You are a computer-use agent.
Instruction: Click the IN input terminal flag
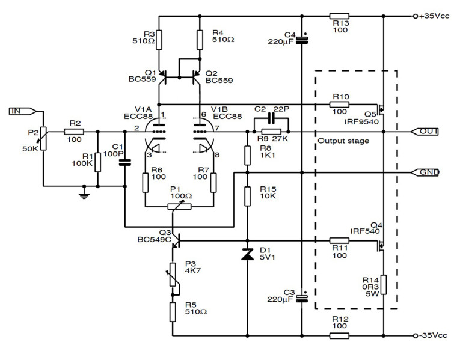tap(23, 111)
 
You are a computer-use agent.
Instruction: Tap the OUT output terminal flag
tap(425, 132)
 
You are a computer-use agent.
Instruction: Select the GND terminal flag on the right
tap(425, 172)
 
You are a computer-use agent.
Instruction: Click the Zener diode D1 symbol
tap(247, 254)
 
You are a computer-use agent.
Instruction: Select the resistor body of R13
tap(339, 16)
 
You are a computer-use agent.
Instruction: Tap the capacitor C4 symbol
tap(302, 40)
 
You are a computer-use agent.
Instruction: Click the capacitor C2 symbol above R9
tap(271, 118)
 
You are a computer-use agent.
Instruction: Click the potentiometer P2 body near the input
tap(43, 138)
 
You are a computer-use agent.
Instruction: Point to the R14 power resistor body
tap(384, 285)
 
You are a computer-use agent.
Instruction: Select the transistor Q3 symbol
tap(176, 240)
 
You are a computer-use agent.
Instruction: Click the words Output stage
tap(343, 141)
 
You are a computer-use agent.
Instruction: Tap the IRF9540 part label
tap(361, 121)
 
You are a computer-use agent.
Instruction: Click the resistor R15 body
tap(247, 196)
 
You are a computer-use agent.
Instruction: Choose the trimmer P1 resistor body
tap(179, 207)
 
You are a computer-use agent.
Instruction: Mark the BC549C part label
tap(155, 240)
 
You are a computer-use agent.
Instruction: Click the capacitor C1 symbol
tap(124, 162)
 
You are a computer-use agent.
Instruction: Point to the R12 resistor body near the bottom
tap(339, 336)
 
